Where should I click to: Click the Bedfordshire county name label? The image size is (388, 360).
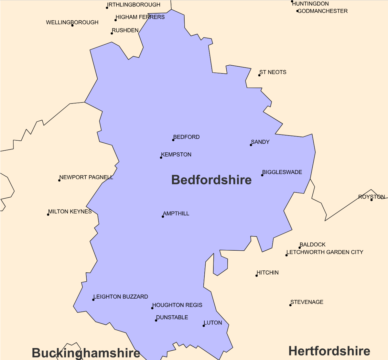(x=211, y=180)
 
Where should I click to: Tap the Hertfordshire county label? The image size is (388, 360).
(x=329, y=351)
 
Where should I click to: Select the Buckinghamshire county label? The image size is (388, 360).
(x=86, y=353)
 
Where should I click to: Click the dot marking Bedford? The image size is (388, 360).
(x=173, y=140)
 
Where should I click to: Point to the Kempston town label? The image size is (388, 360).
(x=176, y=155)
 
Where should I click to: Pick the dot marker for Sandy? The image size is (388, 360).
(x=251, y=145)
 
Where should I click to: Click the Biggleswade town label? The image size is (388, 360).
(x=282, y=172)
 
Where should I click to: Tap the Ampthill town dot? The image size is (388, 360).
(x=163, y=217)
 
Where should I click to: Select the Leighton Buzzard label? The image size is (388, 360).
(x=121, y=297)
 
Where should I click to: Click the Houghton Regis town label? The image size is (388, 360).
(x=177, y=305)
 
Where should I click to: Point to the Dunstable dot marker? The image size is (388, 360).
(x=156, y=321)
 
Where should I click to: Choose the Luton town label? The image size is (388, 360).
(x=213, y=323)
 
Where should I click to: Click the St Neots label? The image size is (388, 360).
(x=273, y=72)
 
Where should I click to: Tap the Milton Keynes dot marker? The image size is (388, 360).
(x=48, y=215)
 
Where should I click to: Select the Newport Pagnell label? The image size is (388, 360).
(x=86, y=178)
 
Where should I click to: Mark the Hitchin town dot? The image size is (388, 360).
(x=257, y=276)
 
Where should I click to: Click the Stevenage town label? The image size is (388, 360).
(x=307, y=302)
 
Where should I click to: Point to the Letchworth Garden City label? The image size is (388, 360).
(x=325, y=252)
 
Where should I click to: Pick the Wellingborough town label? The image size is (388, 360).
(x=72, y=23)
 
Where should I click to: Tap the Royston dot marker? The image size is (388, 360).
(x=372, y=200)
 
